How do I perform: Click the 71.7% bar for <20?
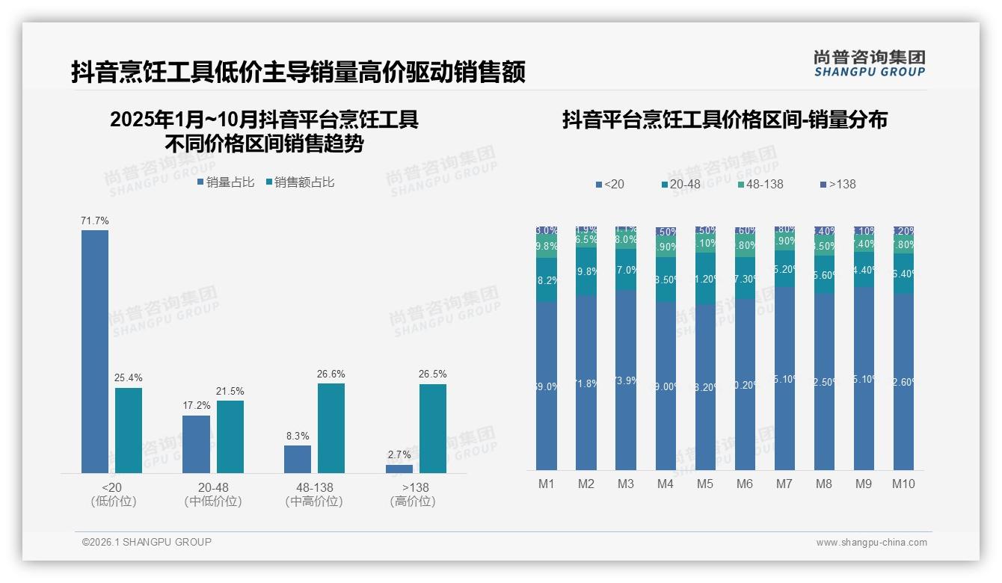pyautogui.click(x=95, y=351)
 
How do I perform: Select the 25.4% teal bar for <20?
pyautogui.click(x=129, y=431)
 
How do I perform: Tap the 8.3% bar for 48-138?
pyautogui.click(x=298, y=459)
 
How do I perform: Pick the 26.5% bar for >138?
pyautogui.click(x=433, y=428)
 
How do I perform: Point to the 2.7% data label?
pyautogui.click(x=399, y=454)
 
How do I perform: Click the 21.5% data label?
pyautogui.click(x=230, y=391)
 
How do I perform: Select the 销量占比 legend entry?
pyautogui.click(x=226, y=182)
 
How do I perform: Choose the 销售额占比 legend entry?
pyautogui.click(x=300, y=182)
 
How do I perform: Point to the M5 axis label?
pyautogui.click(x=705, y=484)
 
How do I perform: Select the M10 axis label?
pyautogui.click(x=903, y=484)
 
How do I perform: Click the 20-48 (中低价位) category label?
pyautogui.click(x=213, y=494)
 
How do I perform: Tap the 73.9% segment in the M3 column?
pyautogui.click(x=626, y=380)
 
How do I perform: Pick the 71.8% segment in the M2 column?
pyautogui.click(x=586, y=383)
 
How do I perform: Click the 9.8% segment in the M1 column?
pyautogui.click(x=547, y=246)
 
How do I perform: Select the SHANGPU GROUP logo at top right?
pyautogui.click(x=870, y=64)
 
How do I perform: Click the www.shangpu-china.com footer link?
pyautogui.click(x=871, y=543)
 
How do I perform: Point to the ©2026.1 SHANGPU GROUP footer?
pyautogui.click(x=147, y=542)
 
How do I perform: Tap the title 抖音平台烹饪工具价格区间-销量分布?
pyautogui.click(x=725, y=120)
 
